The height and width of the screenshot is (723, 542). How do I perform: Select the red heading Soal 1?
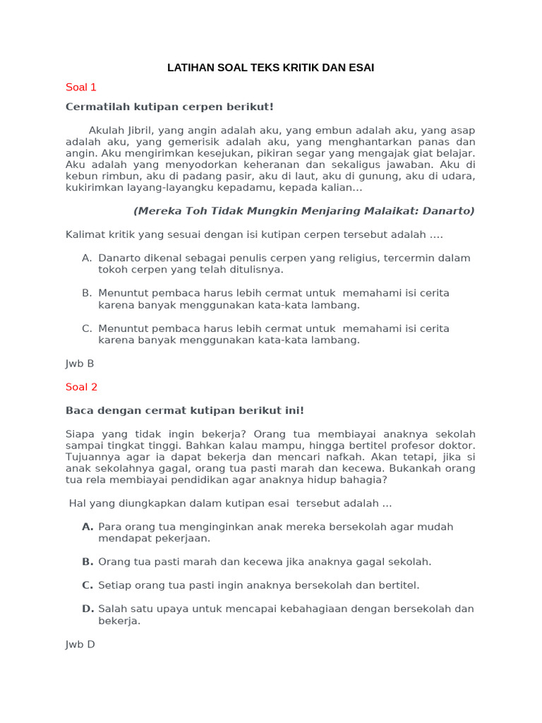click(80, 88)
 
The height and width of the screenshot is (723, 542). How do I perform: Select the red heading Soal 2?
click(81, 387)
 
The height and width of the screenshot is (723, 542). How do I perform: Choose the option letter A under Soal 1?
click(86, 258)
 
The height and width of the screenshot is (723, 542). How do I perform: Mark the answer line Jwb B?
click(80, 364)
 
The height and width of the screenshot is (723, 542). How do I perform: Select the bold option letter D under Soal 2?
click(88, 609)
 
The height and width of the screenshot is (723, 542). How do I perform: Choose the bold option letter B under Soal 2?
click(88, 562)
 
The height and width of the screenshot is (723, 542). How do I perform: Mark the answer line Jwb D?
click(80, 645)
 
